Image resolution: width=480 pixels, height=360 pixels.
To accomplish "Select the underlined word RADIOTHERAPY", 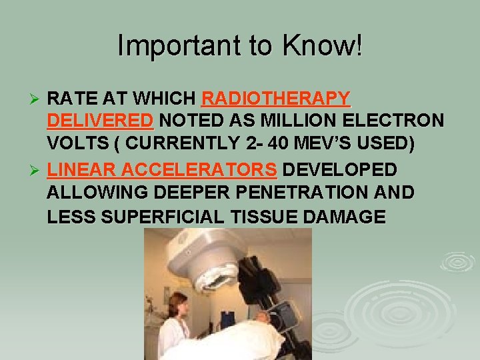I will click(x=275, y=99).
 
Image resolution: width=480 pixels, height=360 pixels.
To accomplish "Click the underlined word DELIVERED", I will click(x=101, y=122).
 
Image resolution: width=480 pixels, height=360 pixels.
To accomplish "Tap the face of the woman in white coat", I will click(x=179, y=306).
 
